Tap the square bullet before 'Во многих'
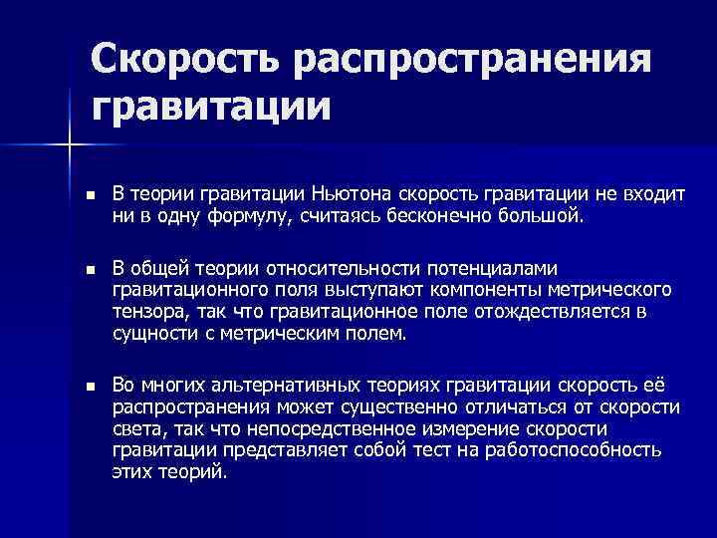point(90,386)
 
